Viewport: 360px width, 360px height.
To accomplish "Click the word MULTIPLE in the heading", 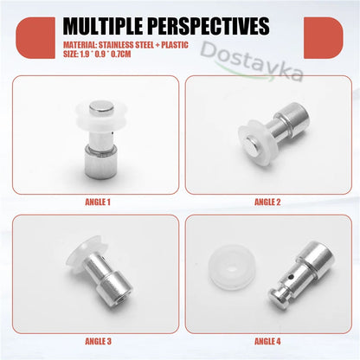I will [x=105, y=23].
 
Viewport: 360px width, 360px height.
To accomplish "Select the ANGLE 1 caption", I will [x=95, y=203].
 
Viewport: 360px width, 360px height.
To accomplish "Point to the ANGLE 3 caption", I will [x=95, y=341].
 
